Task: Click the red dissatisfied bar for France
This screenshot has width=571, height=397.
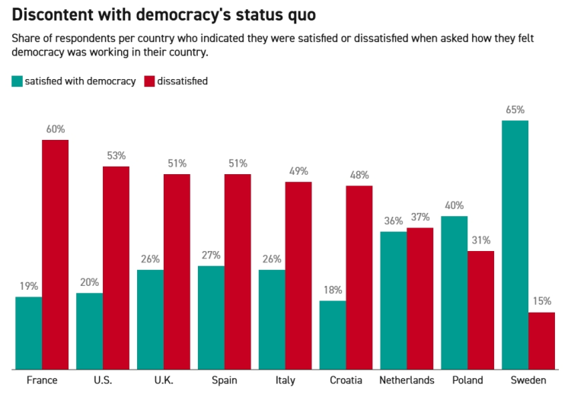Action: (x=55, y=255)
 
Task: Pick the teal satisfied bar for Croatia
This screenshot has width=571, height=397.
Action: (x=333, y=335)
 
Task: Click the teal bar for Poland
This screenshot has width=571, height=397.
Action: (x=454, y=293)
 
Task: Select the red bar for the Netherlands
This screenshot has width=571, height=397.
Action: (x=419, y=298)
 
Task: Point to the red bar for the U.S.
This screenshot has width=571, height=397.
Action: (x=116, y=268)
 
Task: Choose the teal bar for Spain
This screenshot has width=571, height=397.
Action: (x=211, y=317)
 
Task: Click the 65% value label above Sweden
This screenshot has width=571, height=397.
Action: (x=515, y=110)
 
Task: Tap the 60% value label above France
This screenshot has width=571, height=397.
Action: (x=55, y=129)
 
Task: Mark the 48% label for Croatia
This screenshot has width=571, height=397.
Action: (x=359, y=175)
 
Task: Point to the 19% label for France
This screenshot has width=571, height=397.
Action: (x=28, y=286)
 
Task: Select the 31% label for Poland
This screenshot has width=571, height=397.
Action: (x=480, y=240)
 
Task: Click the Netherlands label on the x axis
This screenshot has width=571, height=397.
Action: (x=407, y=380)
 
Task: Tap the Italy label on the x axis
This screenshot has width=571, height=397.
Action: (x=285, y=380)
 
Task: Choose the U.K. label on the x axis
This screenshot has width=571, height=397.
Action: (x=164, y=380)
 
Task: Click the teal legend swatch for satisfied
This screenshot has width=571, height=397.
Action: (x=17, y=81)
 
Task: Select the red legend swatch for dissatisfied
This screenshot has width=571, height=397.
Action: (x=148, y=81)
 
